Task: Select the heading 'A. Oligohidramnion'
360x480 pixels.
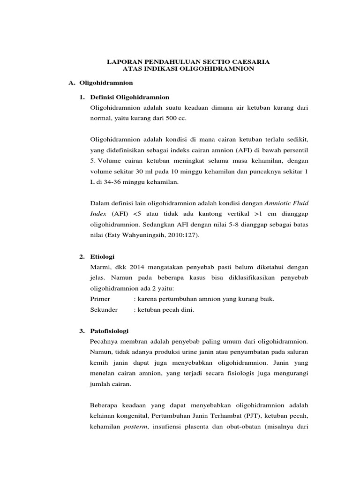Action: [101, 82]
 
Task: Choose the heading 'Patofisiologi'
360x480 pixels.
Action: [109, 330]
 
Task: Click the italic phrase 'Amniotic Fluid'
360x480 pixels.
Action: [286, 203]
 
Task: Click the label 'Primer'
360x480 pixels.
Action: [100, 299]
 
